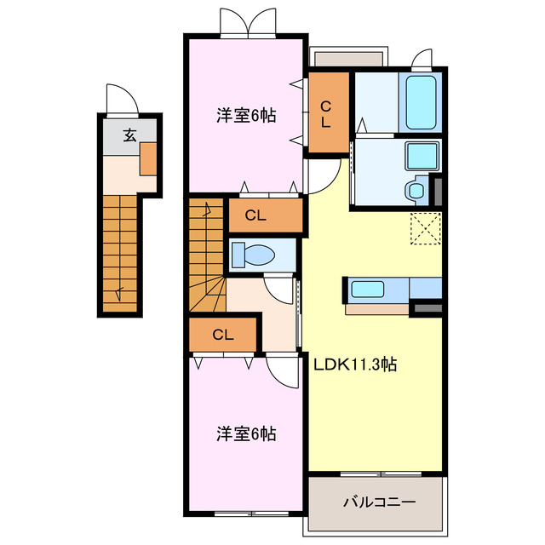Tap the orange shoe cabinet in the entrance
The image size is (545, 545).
(x=149, y=158)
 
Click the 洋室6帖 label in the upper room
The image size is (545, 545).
(x=245, y=116)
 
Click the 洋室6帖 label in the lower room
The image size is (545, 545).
(x=245, y=433)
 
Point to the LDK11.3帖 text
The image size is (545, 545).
(x=355, y=364)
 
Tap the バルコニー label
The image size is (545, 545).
(x=379, y=502)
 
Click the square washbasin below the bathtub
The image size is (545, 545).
(x=422, y=157)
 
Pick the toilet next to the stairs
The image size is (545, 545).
(x=252, y=255)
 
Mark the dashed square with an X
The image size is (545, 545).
(x=424, y=228)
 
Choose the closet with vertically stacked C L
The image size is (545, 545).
(x=327, y=113)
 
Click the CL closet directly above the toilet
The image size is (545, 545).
(x=255, y=215)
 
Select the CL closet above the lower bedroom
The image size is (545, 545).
(x=223, y=335)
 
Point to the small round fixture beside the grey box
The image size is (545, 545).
(x=416, y=189)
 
